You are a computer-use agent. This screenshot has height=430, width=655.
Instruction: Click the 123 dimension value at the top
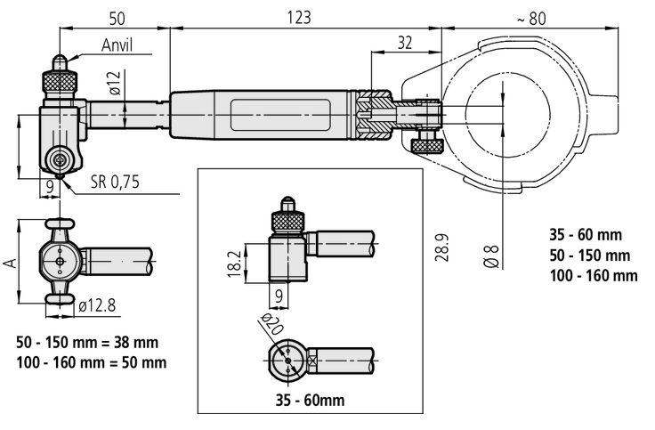299,18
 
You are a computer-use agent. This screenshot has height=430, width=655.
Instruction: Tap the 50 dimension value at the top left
117,19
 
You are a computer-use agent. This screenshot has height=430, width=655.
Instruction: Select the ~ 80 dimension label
531,19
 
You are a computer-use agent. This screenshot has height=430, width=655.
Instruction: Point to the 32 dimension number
404,42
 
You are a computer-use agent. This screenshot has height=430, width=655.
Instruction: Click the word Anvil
117,45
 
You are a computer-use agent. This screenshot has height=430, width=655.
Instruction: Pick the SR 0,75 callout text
115,182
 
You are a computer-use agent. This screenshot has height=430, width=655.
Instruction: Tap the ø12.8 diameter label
97,306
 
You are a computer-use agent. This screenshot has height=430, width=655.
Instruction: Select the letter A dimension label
11,262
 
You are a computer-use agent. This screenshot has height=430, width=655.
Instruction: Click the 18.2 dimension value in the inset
235,264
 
